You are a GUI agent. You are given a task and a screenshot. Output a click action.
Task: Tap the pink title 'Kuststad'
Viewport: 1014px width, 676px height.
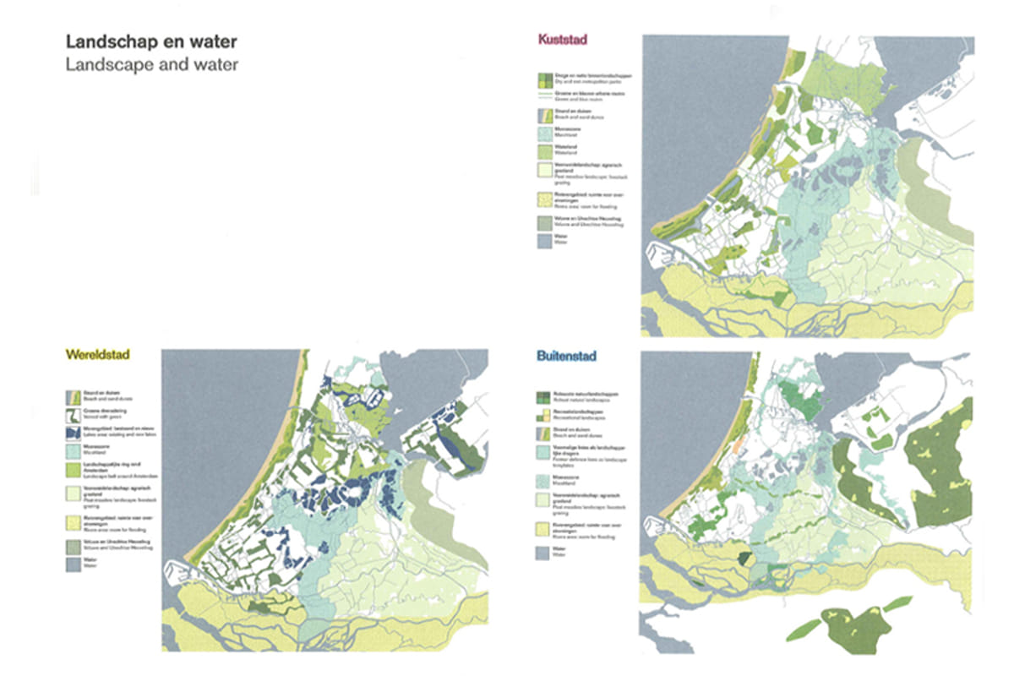coord(563,40)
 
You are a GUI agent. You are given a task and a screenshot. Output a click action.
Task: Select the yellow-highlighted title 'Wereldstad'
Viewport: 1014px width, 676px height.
coord(95,355)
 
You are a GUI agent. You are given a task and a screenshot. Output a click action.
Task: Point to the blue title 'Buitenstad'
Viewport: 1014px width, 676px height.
coord(566,356)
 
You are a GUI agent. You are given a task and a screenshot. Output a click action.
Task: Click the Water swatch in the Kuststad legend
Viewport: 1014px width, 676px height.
coord(544,242)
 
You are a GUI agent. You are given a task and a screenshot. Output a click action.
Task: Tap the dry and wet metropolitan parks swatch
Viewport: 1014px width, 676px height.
coord(544,79)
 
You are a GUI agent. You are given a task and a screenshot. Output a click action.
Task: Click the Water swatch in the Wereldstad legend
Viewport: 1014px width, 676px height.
coord(74,564)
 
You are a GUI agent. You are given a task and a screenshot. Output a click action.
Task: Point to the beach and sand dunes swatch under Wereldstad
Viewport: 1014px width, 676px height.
coord(74,395)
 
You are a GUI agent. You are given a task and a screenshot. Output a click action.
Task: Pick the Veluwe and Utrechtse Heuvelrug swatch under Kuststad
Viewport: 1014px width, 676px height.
coord(544,222)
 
